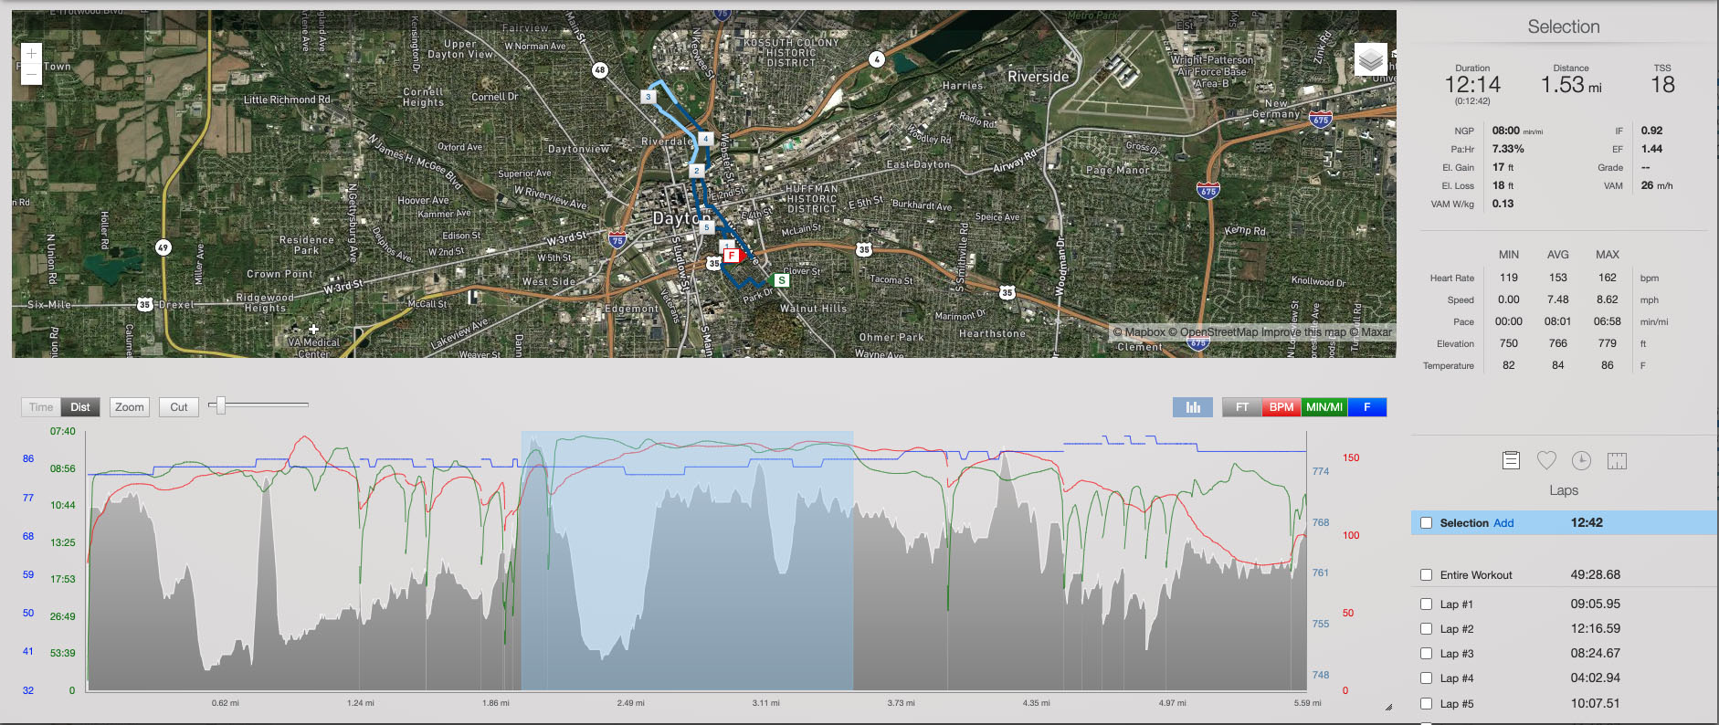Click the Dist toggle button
(80, 407)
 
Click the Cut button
(178, 407)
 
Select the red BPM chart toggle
(1281, 407)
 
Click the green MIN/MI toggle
(1324, 407)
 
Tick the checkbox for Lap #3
(1426, 654)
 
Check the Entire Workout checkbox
(1426, 575)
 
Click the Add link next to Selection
(1503, 523)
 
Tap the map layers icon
(1370, 60)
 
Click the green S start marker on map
(781, 280)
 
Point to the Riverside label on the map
(1038, 77)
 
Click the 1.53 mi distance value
(1570, 85)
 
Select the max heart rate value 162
(1607, 278)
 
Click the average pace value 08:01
(1557, 321)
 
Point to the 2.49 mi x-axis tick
(630, 703)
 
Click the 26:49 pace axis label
(62, 616)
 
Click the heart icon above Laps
(1546, 460)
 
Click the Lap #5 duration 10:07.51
(1595, 703)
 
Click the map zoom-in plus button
(31, 54)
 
